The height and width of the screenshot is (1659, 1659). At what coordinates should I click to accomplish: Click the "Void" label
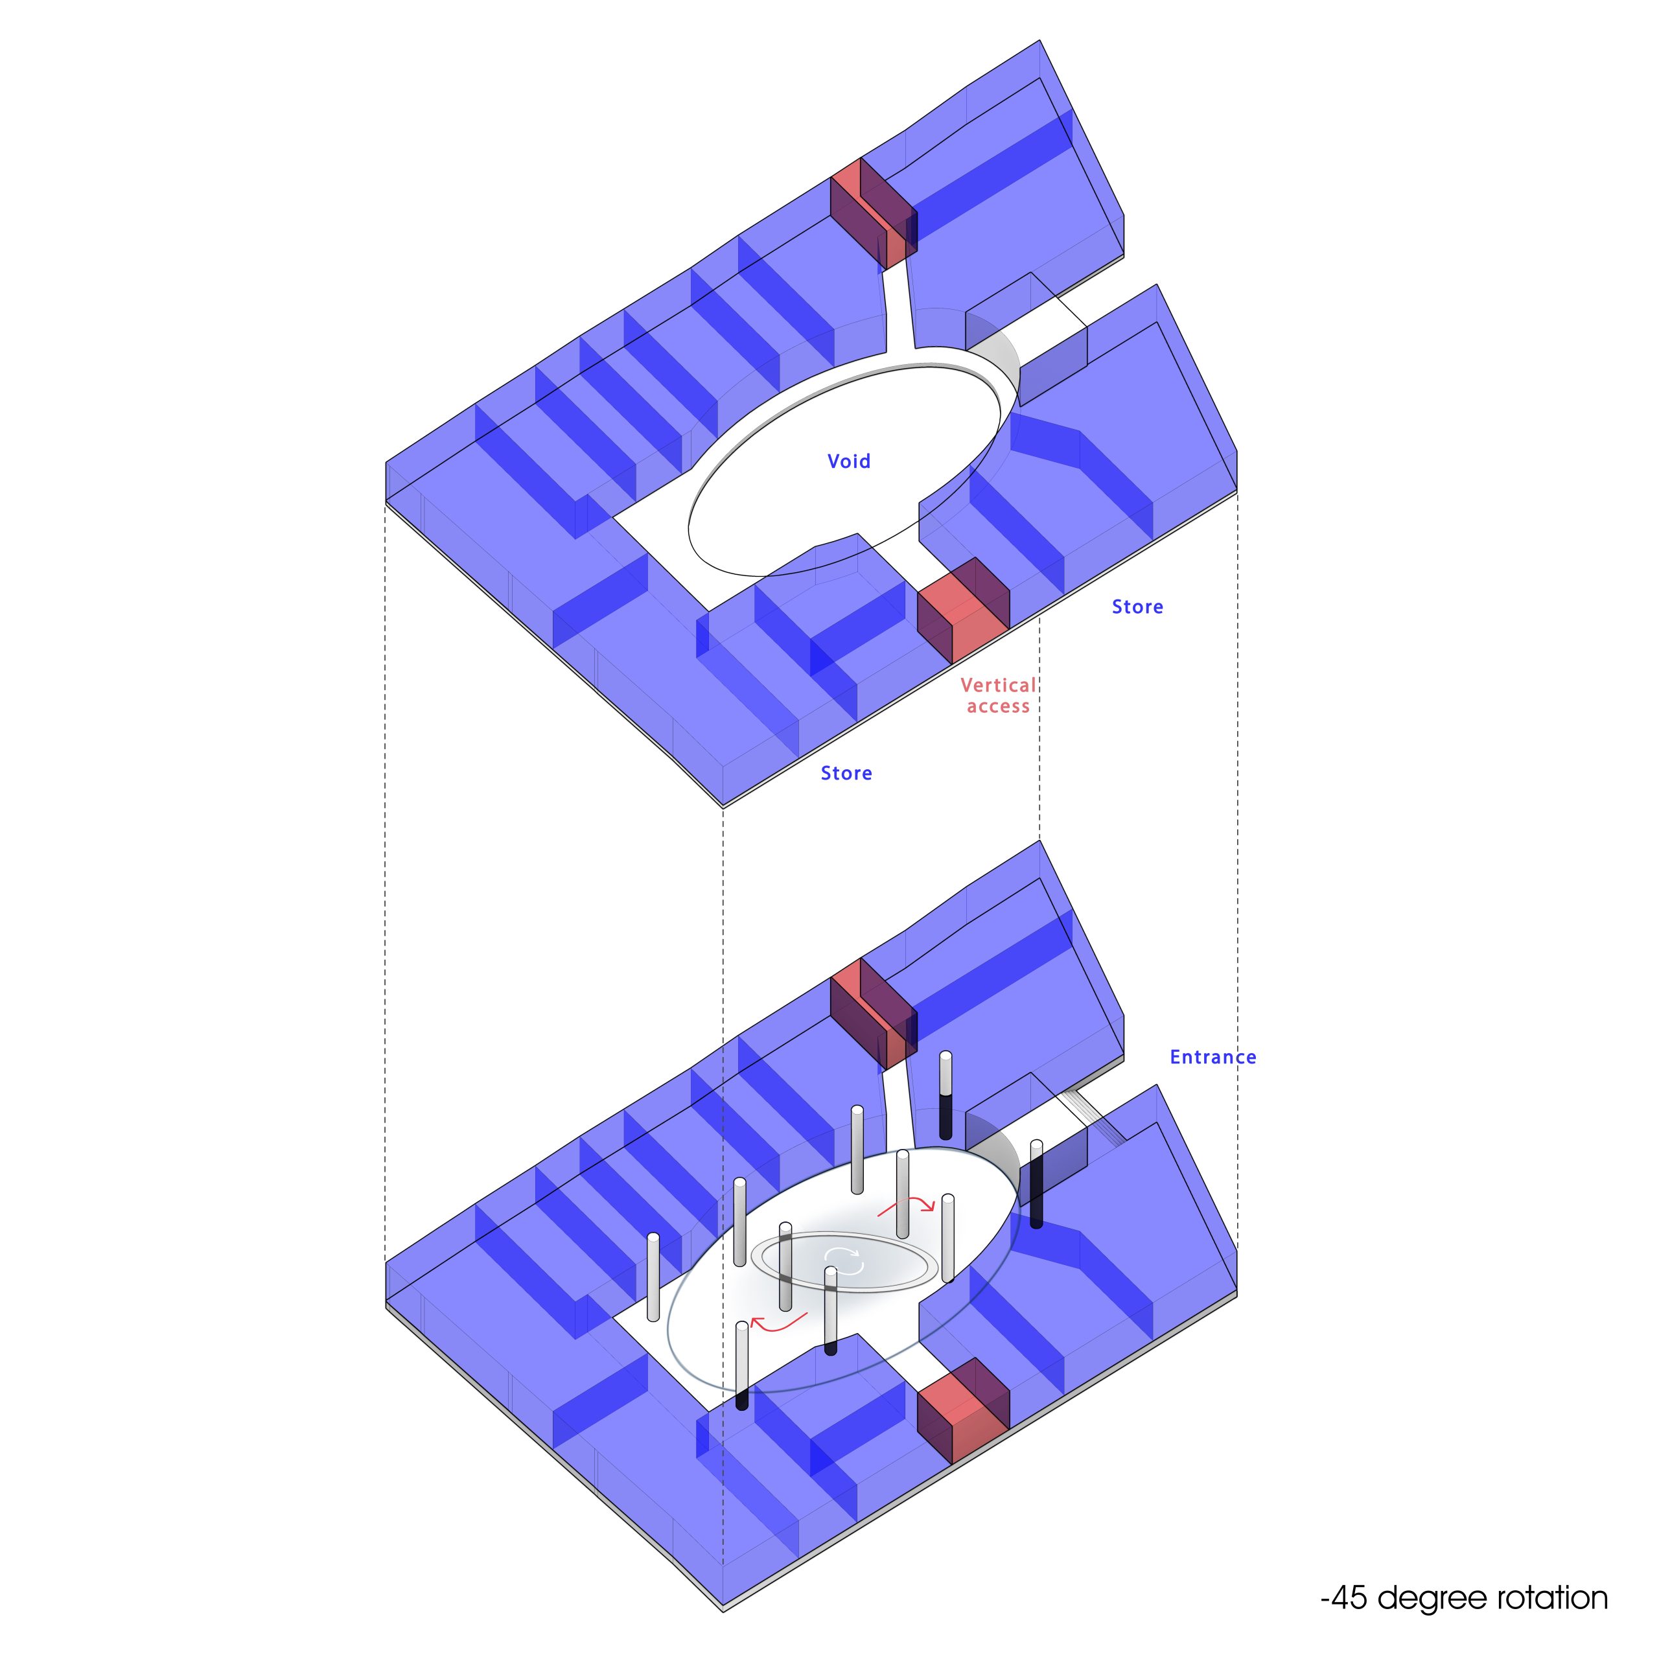tap(848, 461)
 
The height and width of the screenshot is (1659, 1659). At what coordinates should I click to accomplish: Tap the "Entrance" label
tap(1212, 1057)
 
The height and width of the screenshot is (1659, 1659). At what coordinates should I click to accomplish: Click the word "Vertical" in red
tap(998, 685)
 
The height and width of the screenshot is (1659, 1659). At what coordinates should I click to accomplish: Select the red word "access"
tap(998, 707)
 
